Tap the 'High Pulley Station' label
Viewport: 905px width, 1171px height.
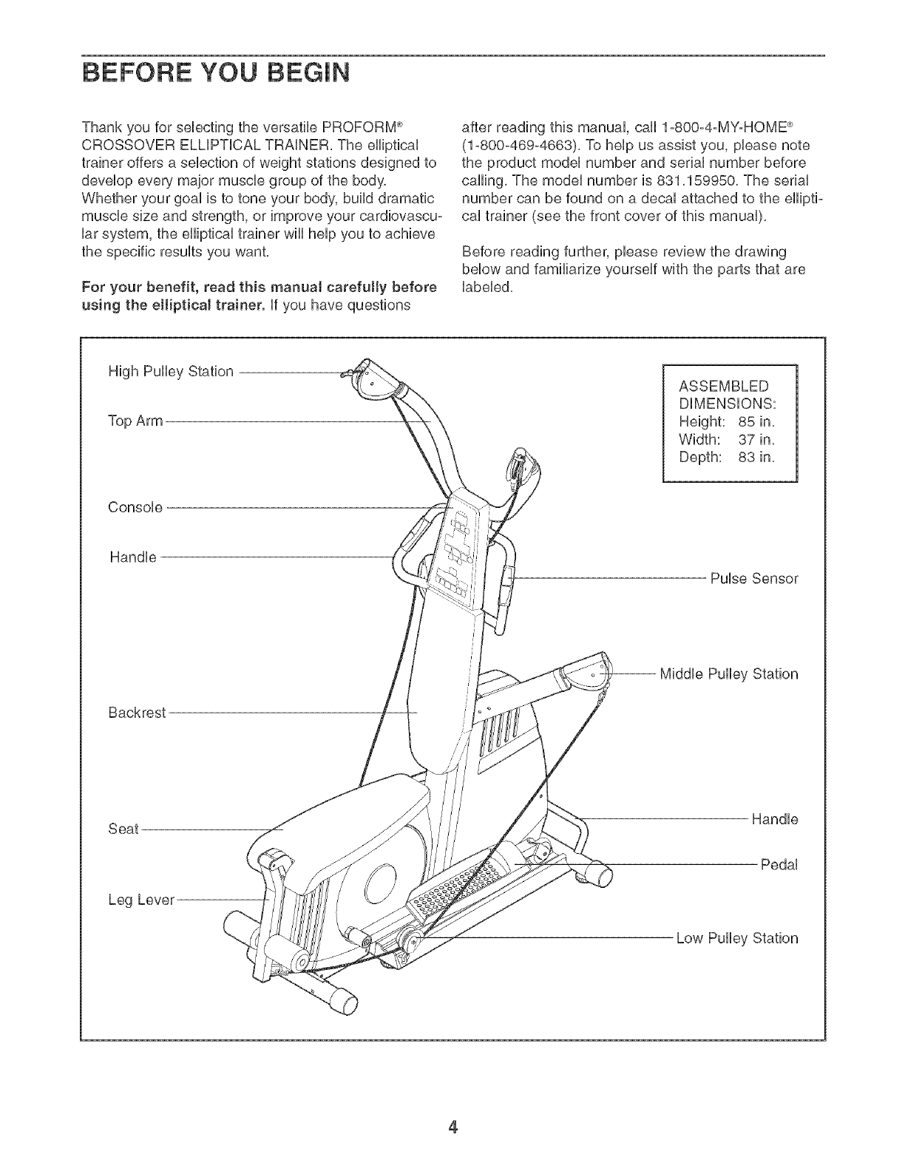(171, 371)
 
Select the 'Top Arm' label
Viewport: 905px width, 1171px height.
(135, 422)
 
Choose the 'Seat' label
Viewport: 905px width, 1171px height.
(123, 829)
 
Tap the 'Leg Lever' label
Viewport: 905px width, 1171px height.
(141, 900)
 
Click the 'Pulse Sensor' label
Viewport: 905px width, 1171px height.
(754, 578)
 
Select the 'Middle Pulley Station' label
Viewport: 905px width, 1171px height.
(728, 674)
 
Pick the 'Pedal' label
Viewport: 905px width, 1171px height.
(779, 865)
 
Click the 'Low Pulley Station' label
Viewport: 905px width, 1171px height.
(737, 939)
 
